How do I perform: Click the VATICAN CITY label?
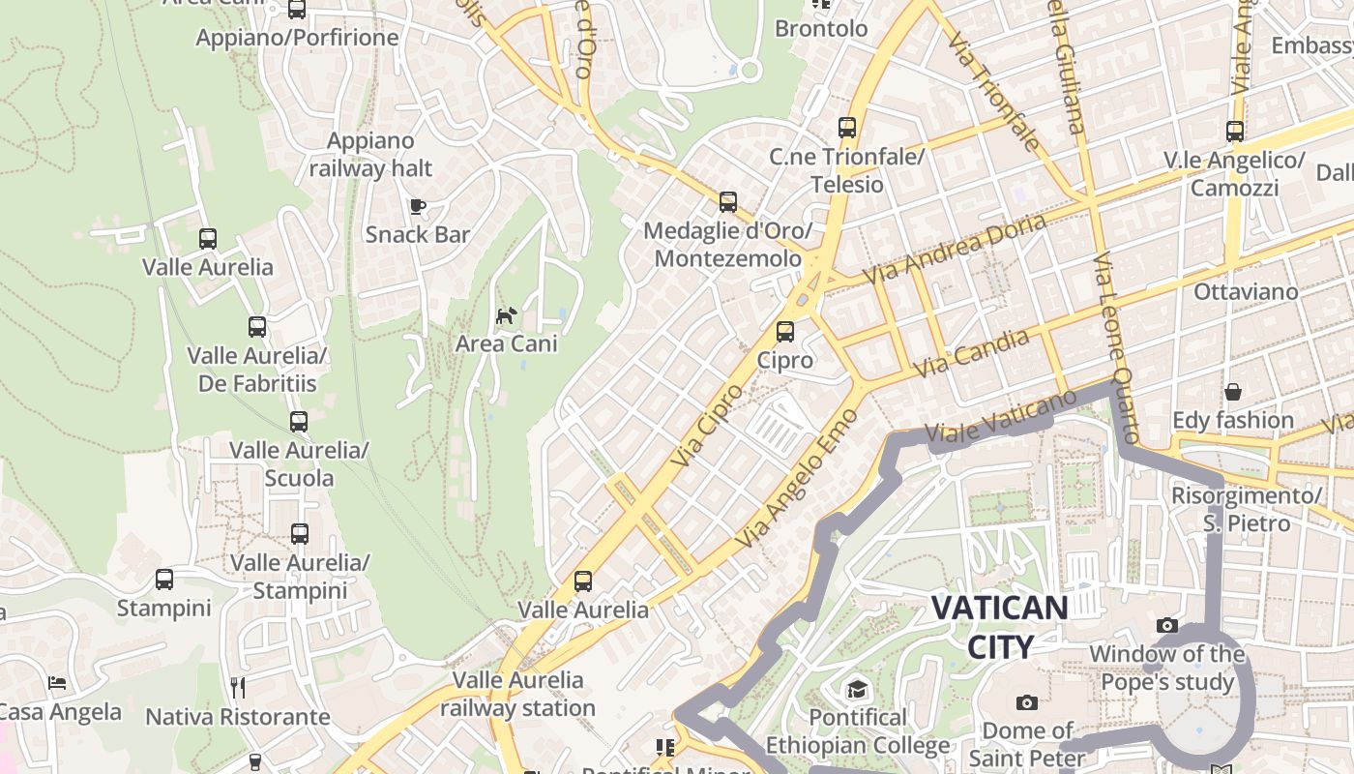coord(1000,627)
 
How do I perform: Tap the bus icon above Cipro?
coord(785,332)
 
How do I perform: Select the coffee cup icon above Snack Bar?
coord(418,206)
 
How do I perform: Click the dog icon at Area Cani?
coord(506,315)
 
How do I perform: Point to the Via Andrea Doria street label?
coord(955,249)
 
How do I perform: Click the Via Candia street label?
coord(971,354)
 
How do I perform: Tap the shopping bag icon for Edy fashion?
coord(1233,392)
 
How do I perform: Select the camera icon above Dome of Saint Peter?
coord(1027,702)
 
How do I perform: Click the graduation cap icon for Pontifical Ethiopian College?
coord(857,689)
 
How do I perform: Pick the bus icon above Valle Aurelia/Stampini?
coord(300,534)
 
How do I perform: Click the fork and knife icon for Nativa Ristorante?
coord(238,687)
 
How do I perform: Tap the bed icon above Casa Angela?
coord(58,683)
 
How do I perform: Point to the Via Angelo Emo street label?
coord(797,492)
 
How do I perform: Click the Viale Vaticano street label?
coord(1000,417)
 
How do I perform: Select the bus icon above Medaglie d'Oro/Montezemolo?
coord(728,202)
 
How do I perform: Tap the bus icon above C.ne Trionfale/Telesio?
coord(847,128)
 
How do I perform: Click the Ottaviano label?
coord(1246,291)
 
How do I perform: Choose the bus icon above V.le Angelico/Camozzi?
coord(1235,132)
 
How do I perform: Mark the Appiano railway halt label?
coord(370,155)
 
